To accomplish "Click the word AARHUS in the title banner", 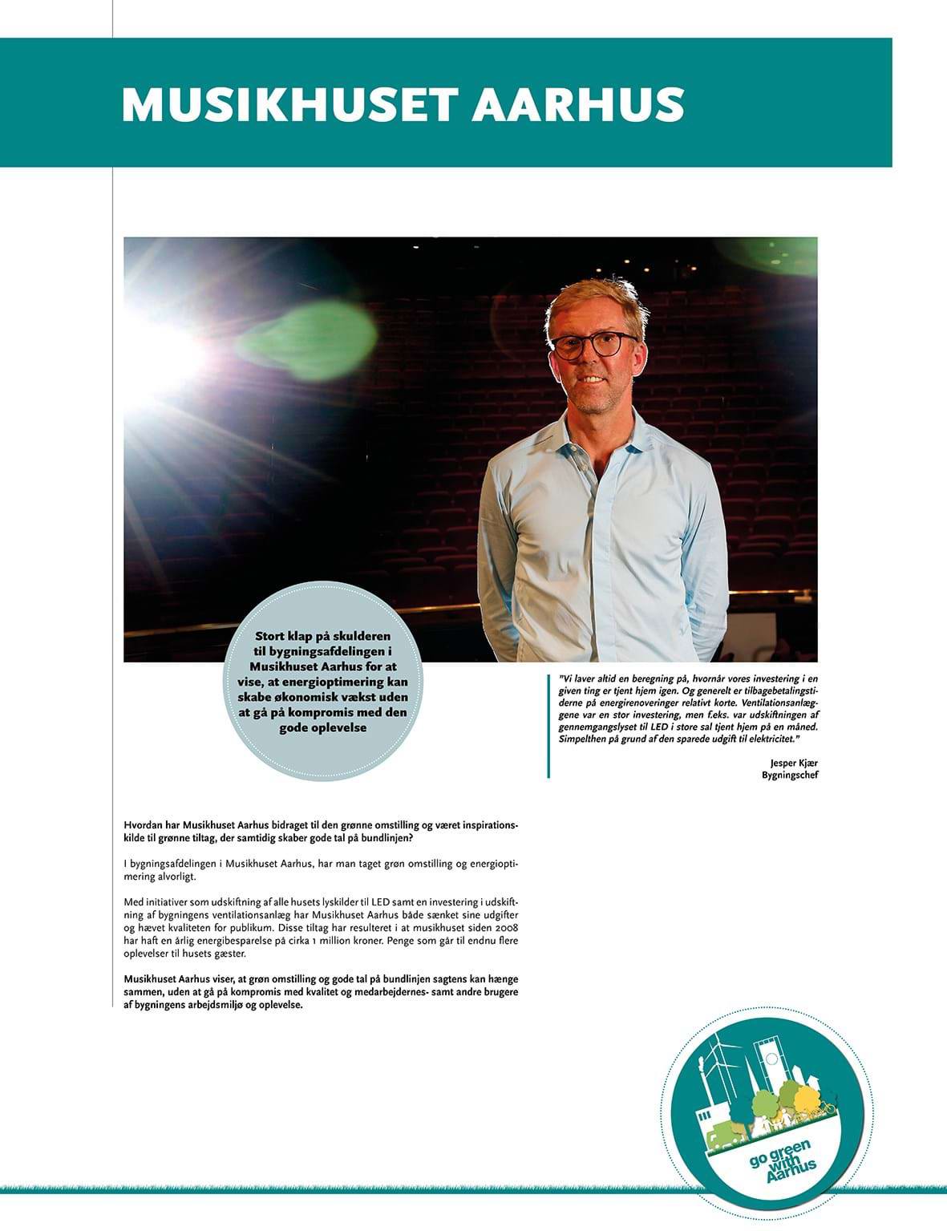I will pos(578,104).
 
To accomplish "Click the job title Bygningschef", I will pos(790,775).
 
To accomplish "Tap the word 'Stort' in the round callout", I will pos(276,635).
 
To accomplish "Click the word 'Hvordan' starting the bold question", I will pos(143,825).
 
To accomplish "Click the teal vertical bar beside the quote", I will pos(549,726).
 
